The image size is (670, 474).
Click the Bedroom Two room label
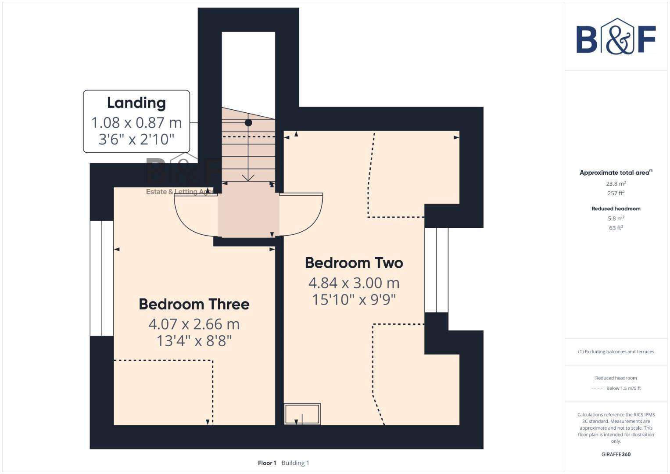[x=354, y=263]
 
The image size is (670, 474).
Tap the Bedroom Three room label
[x=194, y=304]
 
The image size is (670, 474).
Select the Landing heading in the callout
[x=136, y=103]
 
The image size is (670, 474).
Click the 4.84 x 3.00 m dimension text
[x=354, y=283]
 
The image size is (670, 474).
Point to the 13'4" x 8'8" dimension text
[x=194, y=341]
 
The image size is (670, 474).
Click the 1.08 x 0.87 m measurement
[x=136, y=122]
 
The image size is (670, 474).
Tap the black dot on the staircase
[x=248, y=123]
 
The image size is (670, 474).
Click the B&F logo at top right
[x=616, y=37]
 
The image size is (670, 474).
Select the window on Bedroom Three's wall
[x=102, y=278]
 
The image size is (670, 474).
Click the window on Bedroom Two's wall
[x=436, y=269]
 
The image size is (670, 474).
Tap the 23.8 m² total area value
[x=616, y=184]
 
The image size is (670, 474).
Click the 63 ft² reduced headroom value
[x=616, y=228]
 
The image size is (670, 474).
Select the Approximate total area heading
[x=614, y=172]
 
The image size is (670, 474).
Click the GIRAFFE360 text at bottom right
[x=616, y=454]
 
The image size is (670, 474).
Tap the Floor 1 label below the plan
[x=267, y=463]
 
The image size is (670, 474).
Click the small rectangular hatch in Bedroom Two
[x=302, y=414]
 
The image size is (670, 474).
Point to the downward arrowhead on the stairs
[x=248, y=178]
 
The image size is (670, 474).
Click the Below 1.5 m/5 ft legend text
[x=623, y=388]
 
